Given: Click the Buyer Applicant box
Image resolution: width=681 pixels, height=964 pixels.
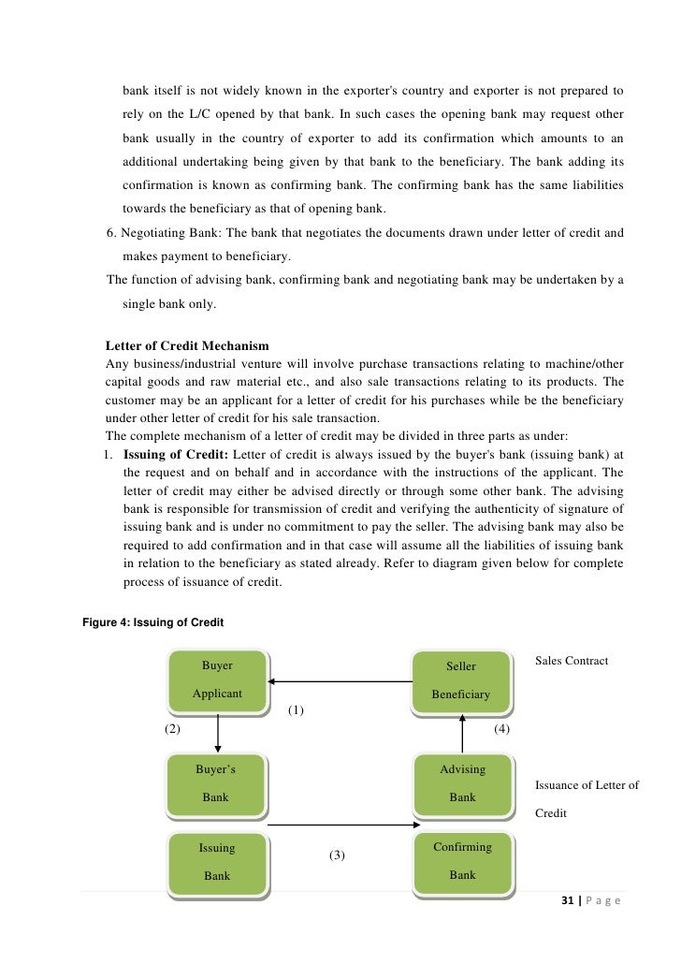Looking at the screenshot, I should [x=217, y=680].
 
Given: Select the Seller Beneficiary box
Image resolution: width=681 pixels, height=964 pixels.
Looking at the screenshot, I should [x=460, y=680].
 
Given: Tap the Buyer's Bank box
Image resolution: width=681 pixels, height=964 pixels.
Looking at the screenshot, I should [x=215, y=783].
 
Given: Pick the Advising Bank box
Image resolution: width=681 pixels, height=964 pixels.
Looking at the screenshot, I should [x=462, y=783].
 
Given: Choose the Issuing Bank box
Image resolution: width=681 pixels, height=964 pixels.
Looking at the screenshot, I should [x=217, y=862].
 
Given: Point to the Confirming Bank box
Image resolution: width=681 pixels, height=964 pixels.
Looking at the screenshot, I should [x=462, y=861].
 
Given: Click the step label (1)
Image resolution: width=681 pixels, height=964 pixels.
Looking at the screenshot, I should [x=296, y=710].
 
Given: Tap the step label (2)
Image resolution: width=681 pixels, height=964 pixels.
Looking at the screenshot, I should [x=172, y=727].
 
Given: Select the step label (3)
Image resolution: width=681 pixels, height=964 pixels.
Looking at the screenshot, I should [x=338, y=854].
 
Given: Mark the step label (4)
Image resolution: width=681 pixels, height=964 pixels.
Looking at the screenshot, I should [x=501, y=727].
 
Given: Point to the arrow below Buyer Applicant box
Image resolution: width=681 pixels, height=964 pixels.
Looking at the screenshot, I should [x=217, y=732].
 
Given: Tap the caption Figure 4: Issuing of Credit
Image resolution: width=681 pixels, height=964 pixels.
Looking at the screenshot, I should [x=153, y=623].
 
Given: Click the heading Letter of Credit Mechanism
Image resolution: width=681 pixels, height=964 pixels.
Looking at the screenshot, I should [x=187, y=346].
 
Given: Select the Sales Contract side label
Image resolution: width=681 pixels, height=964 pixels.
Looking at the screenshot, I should [x=571, y=661].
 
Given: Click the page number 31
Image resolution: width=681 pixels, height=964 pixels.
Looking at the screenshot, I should [x=566, y=900].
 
